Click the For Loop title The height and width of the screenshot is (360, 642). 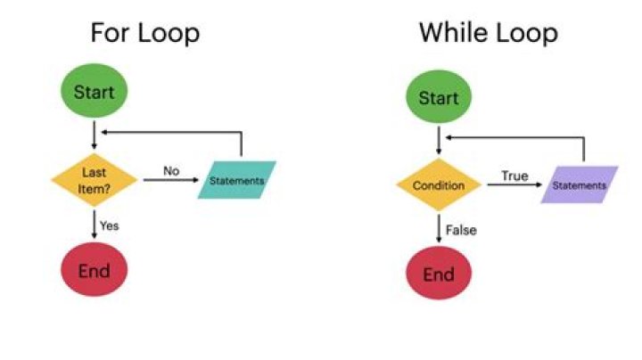(x=144, y=33)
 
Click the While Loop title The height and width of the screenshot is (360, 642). (x=489, y=33)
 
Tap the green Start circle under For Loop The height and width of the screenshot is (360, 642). (x=94, y=92)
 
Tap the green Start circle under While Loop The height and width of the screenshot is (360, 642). (x=438, y=97)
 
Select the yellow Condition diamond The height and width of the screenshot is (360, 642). (x=438, y=185)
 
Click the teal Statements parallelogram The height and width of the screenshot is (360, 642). (x=237, y=180)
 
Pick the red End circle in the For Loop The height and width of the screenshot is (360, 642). (x=94, y=270)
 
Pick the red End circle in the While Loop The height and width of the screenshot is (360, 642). (x=438, y=274)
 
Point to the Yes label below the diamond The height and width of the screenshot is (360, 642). (x=110, y=225)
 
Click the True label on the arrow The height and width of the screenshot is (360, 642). (x=514, y=176)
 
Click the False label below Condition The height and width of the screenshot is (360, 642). (x=462, y=230)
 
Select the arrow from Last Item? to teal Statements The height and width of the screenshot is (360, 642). (x=169, y=180)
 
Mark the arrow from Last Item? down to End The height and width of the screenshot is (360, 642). (x=94, y=223)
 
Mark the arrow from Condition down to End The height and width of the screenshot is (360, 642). (x=438, y=228)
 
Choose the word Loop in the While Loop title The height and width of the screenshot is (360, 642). (x=523, y=33)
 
